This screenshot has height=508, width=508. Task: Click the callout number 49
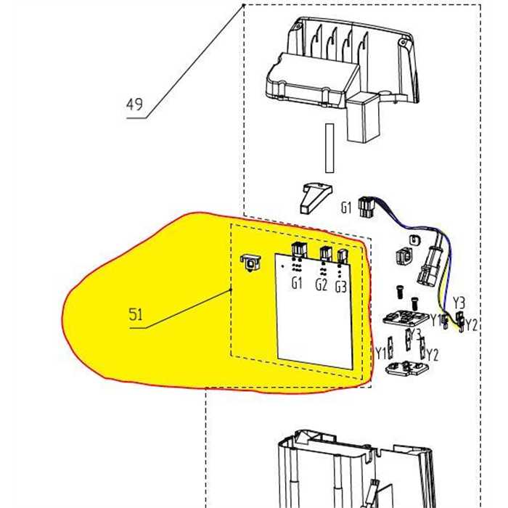pyautogui.click(x=134, y=105)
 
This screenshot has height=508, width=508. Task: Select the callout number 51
pyautogui.click(x=136, y=316)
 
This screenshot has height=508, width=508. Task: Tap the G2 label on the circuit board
pyautogui.click(x=321, y=284)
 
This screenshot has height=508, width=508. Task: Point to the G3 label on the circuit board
pyautogui.click(x=341, y=287)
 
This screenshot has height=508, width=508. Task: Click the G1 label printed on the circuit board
pyautogui.click(x=297, y=284)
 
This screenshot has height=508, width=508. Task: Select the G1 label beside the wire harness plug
pyautogui.click(x=346, y=208)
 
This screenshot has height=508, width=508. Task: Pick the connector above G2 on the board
pyautogui.click(x=325, y=254)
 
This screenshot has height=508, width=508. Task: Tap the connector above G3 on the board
pyautogui.click(x=343, y=255)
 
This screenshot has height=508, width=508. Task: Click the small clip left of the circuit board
pyautogui.click(x=249, y=262)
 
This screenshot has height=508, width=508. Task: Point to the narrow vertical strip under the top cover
pyautogui.click(x=329, y=148)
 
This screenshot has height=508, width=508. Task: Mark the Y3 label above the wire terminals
pyautogui.click(x=459, y=302)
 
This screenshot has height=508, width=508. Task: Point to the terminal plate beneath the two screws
pyautogui.click(x=403, y=318)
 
